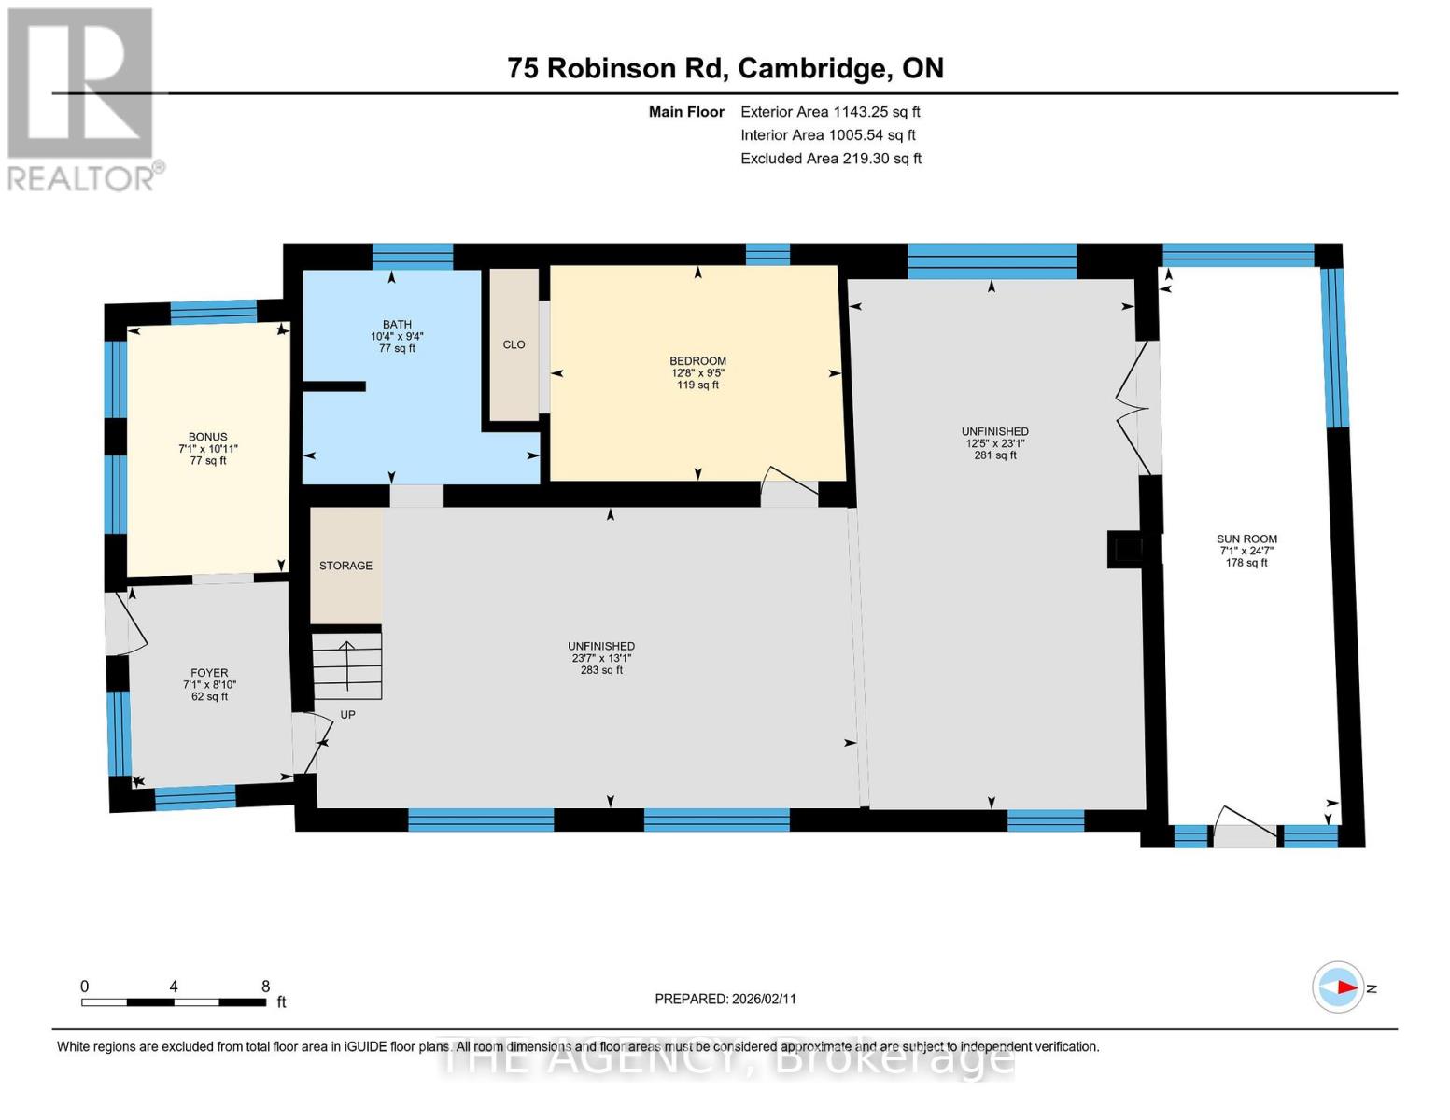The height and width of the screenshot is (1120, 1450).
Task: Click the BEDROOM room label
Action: pos(697,361)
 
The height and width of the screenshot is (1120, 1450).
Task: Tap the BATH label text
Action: pos(397,325)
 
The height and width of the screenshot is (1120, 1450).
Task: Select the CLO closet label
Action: pos(514,344)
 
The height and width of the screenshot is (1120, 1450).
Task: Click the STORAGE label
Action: pos(345,566)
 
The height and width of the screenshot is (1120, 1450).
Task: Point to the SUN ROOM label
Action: pos(1246,539)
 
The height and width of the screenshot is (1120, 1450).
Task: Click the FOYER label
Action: pos(209,673)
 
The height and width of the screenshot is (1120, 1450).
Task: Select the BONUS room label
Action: pos(208,437)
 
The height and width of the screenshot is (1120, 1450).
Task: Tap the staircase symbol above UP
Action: pos(346,665)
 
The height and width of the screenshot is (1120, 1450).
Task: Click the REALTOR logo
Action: pos(82,99)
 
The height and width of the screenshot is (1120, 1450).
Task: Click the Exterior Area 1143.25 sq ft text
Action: pos(830,112)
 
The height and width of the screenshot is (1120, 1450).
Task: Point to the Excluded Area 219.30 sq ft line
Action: pos(830,159)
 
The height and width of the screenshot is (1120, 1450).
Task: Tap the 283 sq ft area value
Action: pos(601,670)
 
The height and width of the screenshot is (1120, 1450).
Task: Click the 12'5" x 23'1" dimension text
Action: pos(995,443)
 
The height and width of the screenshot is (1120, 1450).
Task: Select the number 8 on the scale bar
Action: pos(265,987)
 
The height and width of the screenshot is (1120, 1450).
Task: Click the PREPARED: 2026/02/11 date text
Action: pos(725,999)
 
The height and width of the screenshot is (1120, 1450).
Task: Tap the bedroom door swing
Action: pos(789,486)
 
